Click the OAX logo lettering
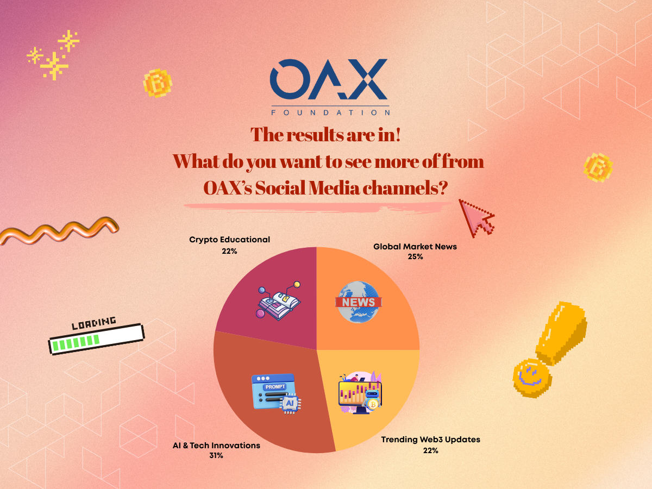tap(329, 79)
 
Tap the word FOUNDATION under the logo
tap(330, 112)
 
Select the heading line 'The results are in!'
tap(325, 135)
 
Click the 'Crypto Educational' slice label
tap(229, 240)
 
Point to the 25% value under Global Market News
tap(415, 256)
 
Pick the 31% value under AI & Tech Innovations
tap(216, 455)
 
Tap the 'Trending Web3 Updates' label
tap(430, 440)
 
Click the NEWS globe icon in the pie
tap(359, 302)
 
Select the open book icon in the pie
tap(278, 301)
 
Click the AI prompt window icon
tap(276, 393)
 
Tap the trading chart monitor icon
tap(360, 392)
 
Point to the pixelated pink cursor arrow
tap(477, 218)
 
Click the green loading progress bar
tap(96, 339)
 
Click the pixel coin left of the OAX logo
tap(158, 83)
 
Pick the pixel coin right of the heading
tap(598, 167)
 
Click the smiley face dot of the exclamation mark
tap(532, 378)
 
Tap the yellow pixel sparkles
tap(53, 55)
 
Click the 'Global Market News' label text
tap(415, 247)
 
